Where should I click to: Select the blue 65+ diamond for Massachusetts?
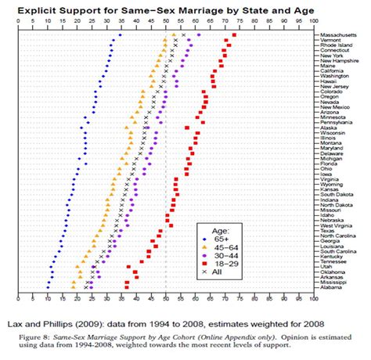pyautogui.click(x=120, y=35)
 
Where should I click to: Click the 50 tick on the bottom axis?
pyautogui.click(x=165, y=299)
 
